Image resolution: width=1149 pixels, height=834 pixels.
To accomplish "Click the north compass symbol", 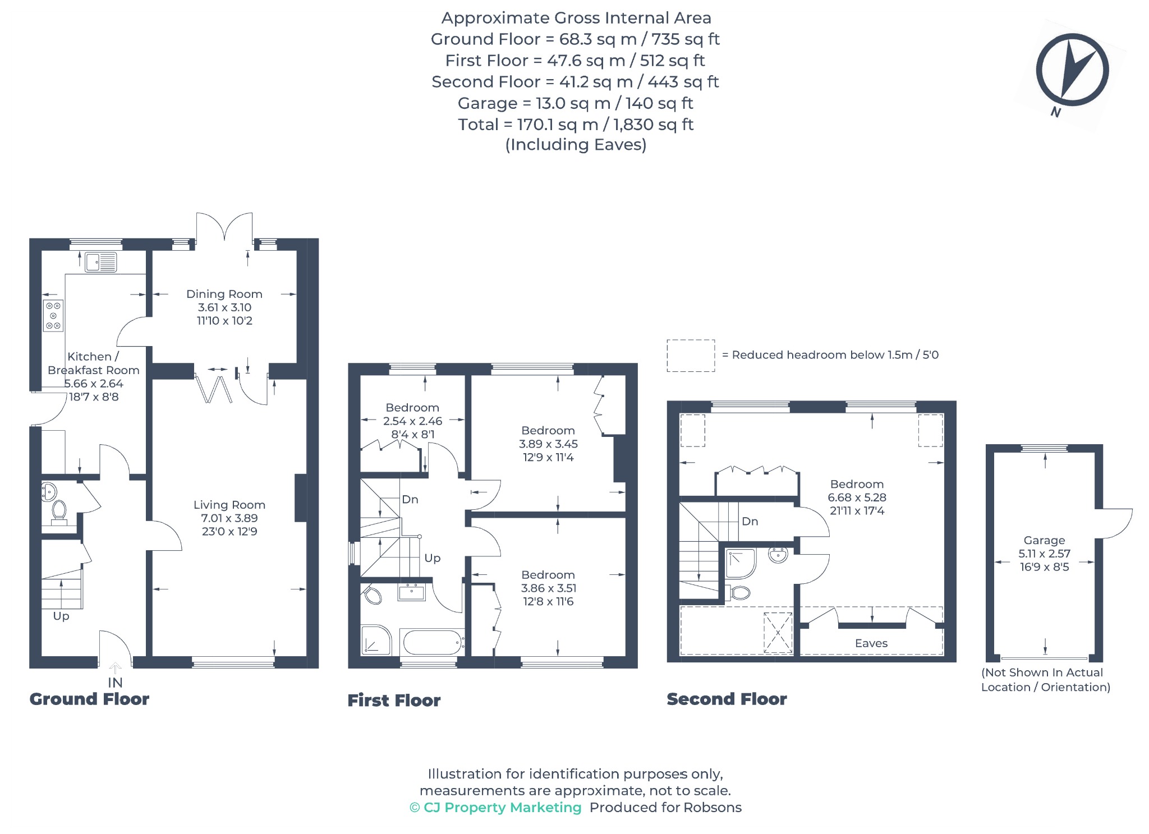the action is point(1072,70).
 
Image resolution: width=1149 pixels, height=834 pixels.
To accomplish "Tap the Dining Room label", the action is point(224,294).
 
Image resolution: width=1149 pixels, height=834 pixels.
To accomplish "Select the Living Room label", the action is point(229,505).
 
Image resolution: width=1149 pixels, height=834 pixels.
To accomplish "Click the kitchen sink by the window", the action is point(101,262).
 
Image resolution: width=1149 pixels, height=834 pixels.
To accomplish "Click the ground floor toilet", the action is point(59,513).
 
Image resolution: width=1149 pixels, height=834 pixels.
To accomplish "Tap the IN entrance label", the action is point(115,683).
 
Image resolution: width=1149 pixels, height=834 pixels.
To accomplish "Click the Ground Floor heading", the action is point(89,699).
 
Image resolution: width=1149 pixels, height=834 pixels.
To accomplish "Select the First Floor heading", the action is point(394,700).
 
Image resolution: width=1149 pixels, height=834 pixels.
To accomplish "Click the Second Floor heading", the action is point(727,699).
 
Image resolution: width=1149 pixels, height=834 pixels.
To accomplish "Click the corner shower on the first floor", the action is point(376,640).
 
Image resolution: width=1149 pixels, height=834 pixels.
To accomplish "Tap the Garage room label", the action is point(1044,540).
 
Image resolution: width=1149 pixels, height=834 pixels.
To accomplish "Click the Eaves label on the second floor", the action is point(871,643).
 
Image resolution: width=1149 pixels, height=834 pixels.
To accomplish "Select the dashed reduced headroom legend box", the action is point(691,356).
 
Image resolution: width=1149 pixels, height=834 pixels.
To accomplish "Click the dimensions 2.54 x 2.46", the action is point(412,421).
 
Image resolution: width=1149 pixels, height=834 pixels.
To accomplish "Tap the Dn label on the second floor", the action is point(750,521).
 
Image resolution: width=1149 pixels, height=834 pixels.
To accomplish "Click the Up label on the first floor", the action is point(433,558).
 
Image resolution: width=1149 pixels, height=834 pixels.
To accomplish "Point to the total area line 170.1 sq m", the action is point(576,124).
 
